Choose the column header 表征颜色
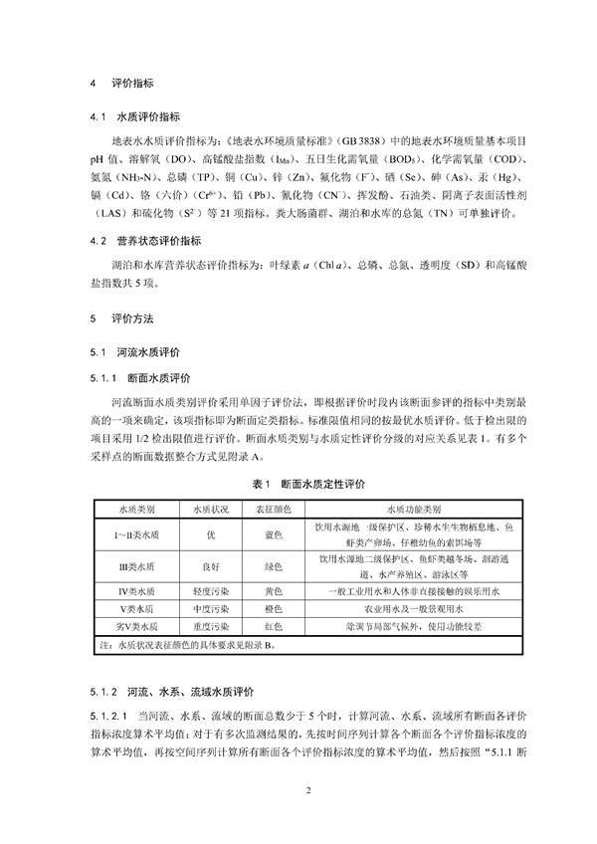coord(273,508)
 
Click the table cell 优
coord(211,534)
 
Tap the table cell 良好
coord(211,567)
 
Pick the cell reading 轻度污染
coord(211,592)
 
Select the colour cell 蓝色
coord(273,534)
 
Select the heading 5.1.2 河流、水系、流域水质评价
coord(173,689)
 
